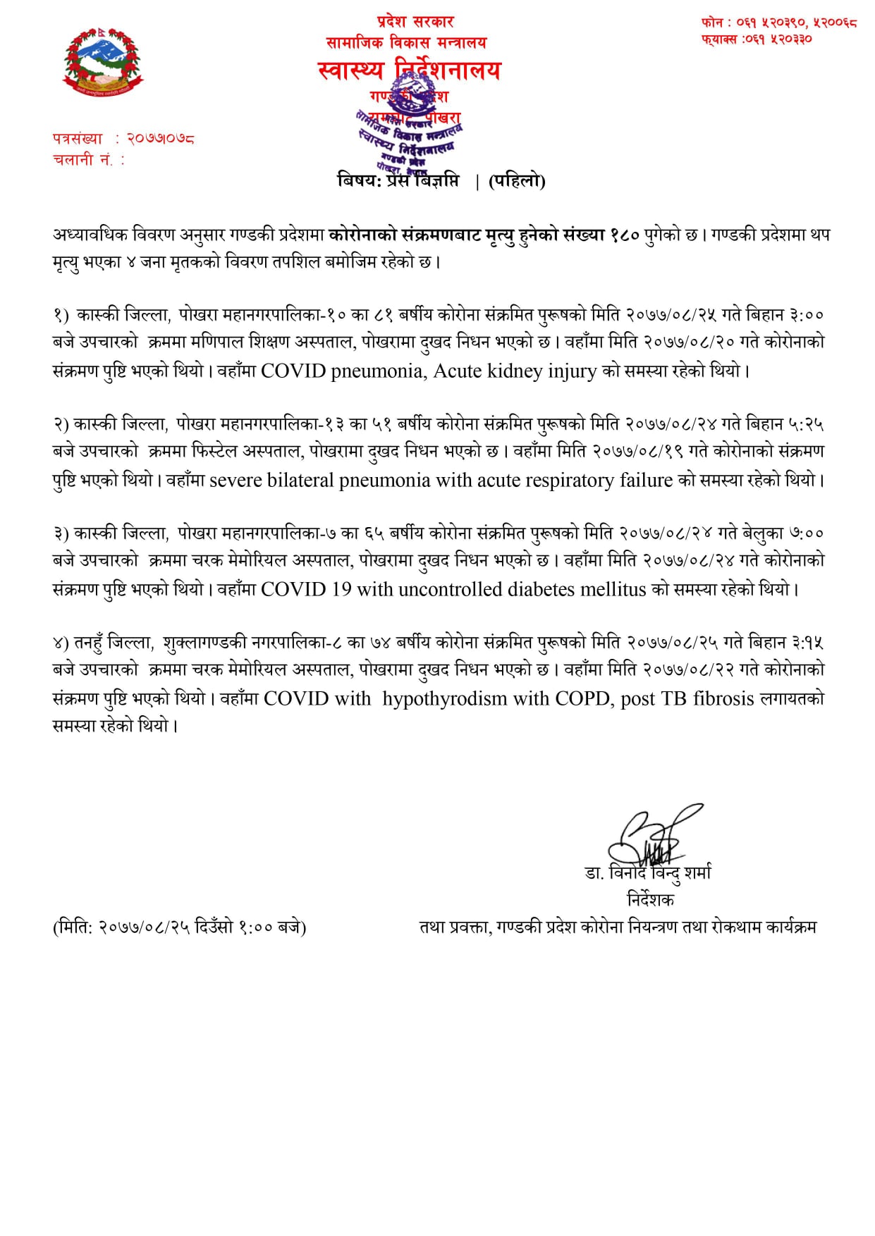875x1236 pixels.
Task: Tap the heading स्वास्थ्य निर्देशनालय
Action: (x=409, y=71)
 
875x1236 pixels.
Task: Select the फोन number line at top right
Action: (x=778, y=23)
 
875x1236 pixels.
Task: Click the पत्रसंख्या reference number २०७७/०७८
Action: (x=160, y=139)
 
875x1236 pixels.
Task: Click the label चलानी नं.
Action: (x=84, y=160)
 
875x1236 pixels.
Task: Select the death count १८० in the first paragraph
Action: (x=624, y=235)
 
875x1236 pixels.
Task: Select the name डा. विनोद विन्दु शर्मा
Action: (x=648, y=873)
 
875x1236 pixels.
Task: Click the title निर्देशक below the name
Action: (x=650, y=900)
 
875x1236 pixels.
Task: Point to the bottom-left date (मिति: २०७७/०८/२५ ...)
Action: (x=179, y=927)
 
